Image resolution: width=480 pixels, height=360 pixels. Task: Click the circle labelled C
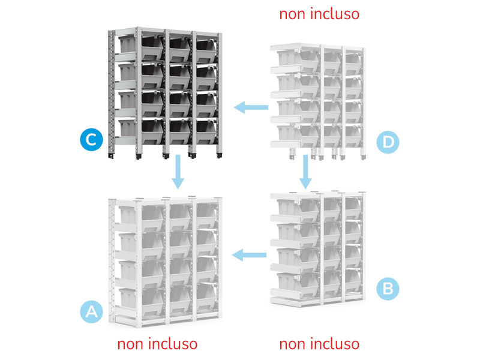tap(91, 140)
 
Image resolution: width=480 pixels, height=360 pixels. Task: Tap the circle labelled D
tap(388, 142)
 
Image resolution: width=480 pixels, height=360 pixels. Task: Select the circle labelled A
tap(91, 311)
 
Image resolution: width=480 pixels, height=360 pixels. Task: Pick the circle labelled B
tap(388, 289)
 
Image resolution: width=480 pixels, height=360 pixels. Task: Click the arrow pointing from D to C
tap(251, 107)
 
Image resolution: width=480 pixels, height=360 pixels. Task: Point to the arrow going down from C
tap(178, 172)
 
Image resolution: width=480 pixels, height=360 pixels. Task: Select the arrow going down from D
tap(305, 172)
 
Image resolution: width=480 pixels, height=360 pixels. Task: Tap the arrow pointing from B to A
tap(249, 254)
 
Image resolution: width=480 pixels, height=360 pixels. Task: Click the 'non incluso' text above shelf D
tap(319, 14)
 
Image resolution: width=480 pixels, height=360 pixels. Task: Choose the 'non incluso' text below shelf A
tap(157, 344)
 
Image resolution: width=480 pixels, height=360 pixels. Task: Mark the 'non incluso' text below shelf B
tap(319, 344)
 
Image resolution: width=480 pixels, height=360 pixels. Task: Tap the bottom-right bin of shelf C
tap(207, 131)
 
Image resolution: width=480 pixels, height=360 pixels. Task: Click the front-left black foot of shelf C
tap(139, 157)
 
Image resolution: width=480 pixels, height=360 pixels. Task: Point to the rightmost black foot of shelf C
tap(219, 155)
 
